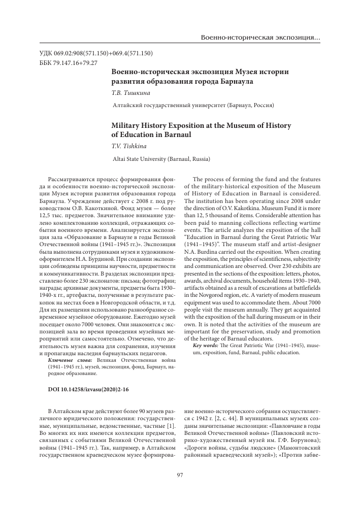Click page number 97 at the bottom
pyautogui.click(x=180, y=474)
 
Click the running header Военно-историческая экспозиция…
pyautogui.click(x=260, y=39)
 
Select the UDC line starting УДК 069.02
pyautogui.click(x=96, y=53)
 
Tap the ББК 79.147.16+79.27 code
pyautogui.click(x=68, y=62)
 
